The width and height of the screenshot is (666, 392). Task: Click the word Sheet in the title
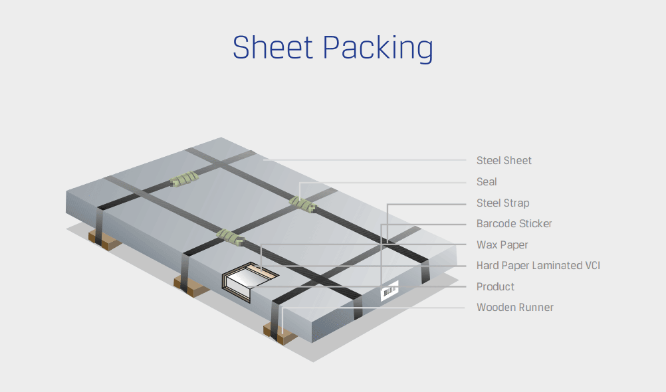click(273, 48)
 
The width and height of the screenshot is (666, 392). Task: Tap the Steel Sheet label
click(504, 160)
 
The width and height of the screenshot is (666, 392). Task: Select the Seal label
click(487, 181)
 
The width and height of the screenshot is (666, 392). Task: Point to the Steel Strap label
click(502, 203)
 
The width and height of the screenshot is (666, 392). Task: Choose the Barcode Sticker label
click(514, 223)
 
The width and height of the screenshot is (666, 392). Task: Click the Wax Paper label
click(502, 245)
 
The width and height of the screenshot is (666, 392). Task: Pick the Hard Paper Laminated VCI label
click(538, 266)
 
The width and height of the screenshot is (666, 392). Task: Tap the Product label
click(495, 286)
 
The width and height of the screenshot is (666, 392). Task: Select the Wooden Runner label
click(514, 307)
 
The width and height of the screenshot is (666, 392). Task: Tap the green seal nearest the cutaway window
click(230, 234)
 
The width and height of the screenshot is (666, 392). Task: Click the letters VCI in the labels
click(591, 266)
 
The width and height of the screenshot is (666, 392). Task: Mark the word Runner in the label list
click(535, 307)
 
